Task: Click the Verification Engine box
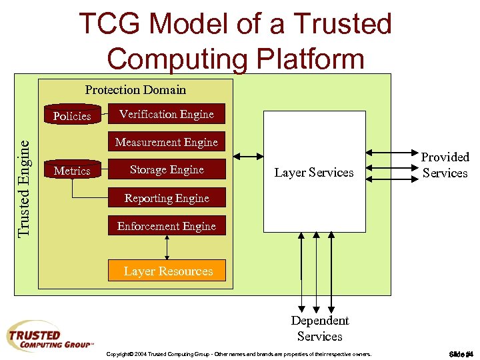point(167,114)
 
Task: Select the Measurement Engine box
point(167,142)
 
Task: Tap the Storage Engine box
point(167,170)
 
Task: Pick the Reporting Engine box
point(167,198)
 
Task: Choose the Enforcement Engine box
point(167,226)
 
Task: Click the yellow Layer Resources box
point(168,271)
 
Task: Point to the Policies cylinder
point(72,115)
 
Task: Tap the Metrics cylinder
point(72,171)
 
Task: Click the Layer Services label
point(314,173)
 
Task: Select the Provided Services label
point(445,165)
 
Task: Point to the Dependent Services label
point(319,328)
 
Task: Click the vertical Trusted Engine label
point(25,187)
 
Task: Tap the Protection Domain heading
point(135,89)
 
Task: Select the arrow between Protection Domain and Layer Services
point(249,157)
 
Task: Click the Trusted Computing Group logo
point(50,337)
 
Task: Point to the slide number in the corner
point(461,353)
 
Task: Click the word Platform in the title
point(307,58)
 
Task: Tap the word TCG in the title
point(113,25)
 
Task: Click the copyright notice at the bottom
point(239,353)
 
